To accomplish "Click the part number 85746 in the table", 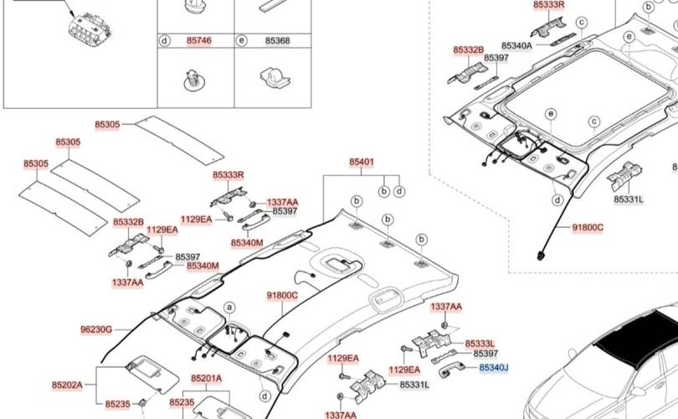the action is coord(199,41).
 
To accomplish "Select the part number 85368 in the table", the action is coord(277,41).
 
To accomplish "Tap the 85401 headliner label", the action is coord(362,162).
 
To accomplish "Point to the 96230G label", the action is coord(96,330).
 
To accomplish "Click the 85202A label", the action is coord(67,385).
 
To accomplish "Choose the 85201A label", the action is coord(207,379).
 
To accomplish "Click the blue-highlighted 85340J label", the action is coord(493,368).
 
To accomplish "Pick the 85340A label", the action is coord(516,45).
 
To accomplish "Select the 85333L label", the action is coord(480,344).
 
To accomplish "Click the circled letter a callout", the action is coord(230,308).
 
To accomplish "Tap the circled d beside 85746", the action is coord(165,41).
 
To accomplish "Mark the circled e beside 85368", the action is coord(242,41).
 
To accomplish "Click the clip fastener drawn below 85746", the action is coord(194,80).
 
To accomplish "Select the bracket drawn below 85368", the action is coord(275,77).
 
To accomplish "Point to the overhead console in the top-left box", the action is coord(90,29).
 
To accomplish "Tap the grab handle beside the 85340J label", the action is coord(451,370).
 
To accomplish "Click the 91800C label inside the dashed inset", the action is coord(588,228).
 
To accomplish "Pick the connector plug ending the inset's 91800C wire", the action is coord(541,256).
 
